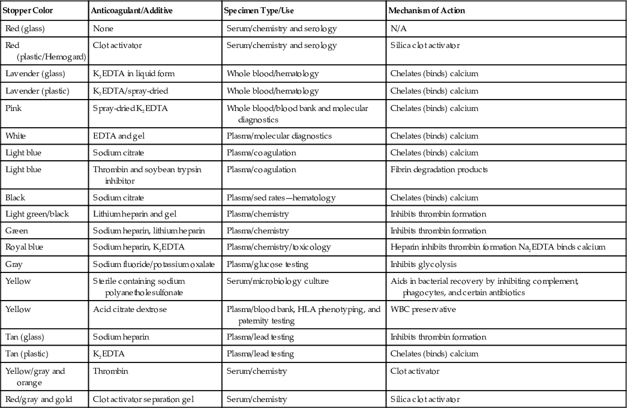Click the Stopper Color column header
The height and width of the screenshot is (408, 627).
point(25,11)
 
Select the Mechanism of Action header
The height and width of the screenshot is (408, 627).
point(427,11)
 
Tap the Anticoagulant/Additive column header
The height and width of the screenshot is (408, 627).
point(129,11)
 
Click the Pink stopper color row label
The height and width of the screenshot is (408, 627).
point(13,108)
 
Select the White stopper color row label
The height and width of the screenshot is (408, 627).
point(16,136)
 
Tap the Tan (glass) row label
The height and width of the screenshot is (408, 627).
point(27,337)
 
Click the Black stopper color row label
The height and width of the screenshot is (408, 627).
point(15,197)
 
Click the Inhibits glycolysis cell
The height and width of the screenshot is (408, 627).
point(418,264)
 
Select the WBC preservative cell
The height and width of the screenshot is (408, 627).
point(421,309)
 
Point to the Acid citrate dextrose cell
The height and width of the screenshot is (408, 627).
point(131,309)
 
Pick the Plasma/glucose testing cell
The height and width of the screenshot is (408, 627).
point(267,264)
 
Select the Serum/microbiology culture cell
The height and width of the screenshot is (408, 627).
point(278,281)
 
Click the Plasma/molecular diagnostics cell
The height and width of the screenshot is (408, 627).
point(279,136)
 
